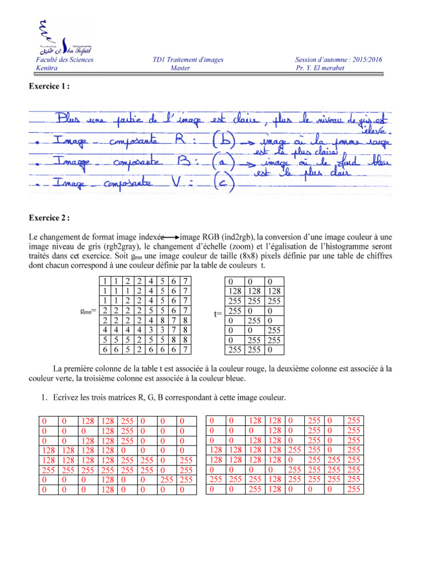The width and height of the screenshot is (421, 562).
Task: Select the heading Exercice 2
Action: [x=51, y=218]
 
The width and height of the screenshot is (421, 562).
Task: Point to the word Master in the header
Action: [x=180, y=68]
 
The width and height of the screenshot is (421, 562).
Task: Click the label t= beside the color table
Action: [x=218, y=314]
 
